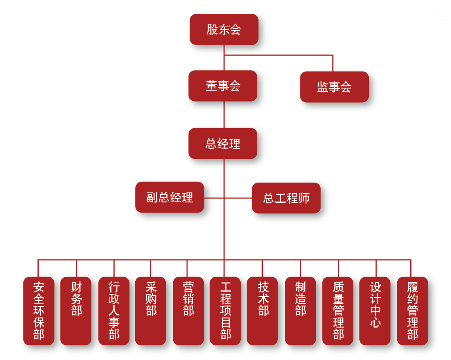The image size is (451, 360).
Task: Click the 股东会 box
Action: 224,30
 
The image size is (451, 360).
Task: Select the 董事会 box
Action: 223,86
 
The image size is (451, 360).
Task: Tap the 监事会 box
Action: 334,87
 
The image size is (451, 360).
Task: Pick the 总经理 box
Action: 223,143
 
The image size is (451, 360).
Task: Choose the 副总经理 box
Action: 170,197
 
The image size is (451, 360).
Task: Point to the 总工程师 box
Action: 286,198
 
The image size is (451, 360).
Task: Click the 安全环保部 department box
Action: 39,311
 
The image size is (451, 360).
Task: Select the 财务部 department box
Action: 76,311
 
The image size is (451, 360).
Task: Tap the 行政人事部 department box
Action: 114,311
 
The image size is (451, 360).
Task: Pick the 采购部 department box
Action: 151,311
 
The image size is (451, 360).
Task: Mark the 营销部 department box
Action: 188,311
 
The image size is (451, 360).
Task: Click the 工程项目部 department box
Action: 225,311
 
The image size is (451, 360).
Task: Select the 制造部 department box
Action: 300,311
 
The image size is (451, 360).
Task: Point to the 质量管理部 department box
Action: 338,311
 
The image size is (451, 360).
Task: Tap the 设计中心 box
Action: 375,311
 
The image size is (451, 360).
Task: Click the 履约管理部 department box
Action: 412,311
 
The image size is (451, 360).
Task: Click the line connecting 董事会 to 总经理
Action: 224,115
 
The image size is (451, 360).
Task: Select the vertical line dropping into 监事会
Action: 333,63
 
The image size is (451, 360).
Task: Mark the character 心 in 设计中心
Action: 376,322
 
